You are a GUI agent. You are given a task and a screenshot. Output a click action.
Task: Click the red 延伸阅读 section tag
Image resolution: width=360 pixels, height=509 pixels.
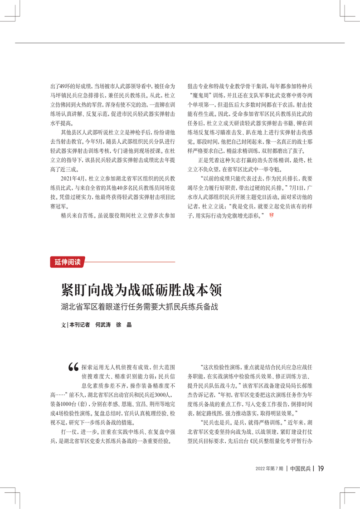tap(67, 262)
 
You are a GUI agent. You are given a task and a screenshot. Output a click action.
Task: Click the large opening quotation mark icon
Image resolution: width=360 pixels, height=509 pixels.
tap(72, 368)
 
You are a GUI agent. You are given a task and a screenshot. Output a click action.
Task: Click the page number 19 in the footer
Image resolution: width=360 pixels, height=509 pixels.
tap(320, 469)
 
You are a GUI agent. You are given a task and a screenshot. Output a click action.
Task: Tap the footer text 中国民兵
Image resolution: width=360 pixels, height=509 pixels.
tap(300, 469)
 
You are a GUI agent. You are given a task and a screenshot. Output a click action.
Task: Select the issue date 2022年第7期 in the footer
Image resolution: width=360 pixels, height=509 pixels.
tap(269, 469)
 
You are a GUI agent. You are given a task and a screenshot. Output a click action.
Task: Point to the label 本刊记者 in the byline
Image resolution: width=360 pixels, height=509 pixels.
tap(79, 325)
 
